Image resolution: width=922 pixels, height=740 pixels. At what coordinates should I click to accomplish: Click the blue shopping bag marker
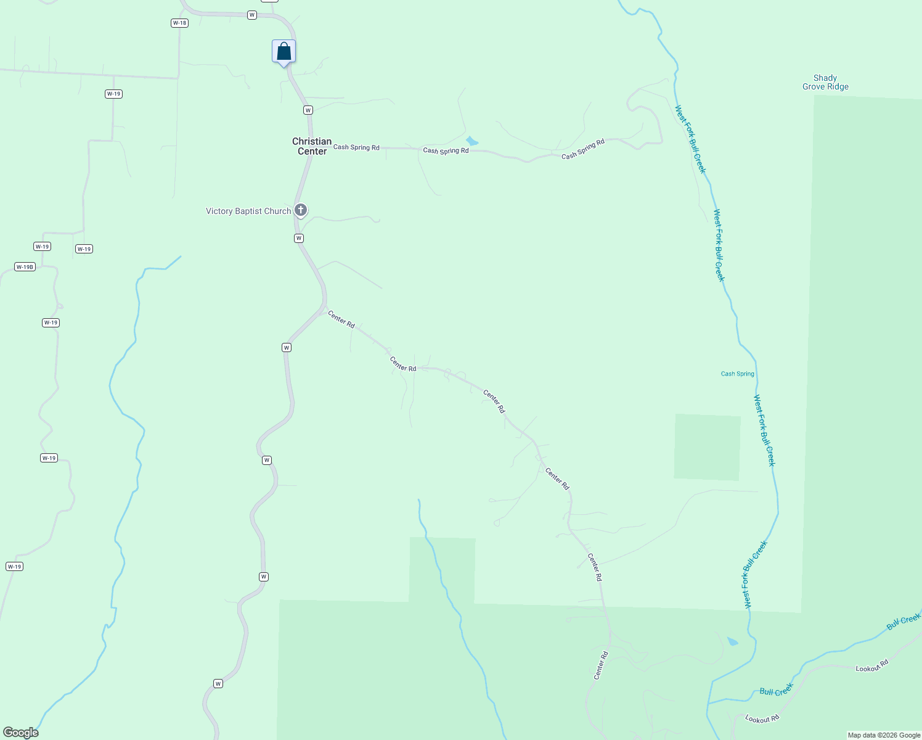click(x=284, y=51)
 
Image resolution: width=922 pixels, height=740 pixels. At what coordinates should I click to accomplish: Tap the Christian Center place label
click(x=312, y=146)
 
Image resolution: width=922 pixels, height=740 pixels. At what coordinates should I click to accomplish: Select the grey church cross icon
click(x=301, y=210)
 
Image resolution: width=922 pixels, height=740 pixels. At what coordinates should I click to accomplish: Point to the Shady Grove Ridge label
click(x=825, y=82)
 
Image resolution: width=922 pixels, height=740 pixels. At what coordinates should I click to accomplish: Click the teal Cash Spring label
click(x=737, y=374)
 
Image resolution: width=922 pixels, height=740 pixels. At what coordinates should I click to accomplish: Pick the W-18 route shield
click(x=179, y=23)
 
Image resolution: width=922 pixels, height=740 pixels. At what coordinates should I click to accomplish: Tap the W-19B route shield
click(x=25, y=267)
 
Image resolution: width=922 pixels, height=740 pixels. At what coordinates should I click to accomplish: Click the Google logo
click(x=20, y=733)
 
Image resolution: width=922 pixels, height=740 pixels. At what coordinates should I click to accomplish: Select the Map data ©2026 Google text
click(x=884, y=735)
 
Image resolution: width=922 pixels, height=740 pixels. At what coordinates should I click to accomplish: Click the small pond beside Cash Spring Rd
click(x=471, y=141)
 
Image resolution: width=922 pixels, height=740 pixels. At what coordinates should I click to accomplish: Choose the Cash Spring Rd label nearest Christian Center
click(x=356, y=147)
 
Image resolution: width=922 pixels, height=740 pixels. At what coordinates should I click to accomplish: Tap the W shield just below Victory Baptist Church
click(x=299, y=238)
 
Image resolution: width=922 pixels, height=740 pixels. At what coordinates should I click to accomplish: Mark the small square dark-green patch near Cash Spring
click(x=707, y=447)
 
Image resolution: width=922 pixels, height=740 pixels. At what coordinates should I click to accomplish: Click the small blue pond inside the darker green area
click(x=732, y=641)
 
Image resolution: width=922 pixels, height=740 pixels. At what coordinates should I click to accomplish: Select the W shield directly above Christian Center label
click(x=308, y=110)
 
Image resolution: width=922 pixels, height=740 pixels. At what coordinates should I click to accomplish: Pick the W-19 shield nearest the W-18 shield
click(x=113, y=94)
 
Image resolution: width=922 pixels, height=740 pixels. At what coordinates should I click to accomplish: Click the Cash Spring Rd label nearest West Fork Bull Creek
click(x=583, y=149)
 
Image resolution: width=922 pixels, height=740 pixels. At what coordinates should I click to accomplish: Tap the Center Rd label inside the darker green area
click(x=601, y=665)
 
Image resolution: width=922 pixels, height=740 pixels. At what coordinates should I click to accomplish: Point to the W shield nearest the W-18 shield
click(x=252, y=15)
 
